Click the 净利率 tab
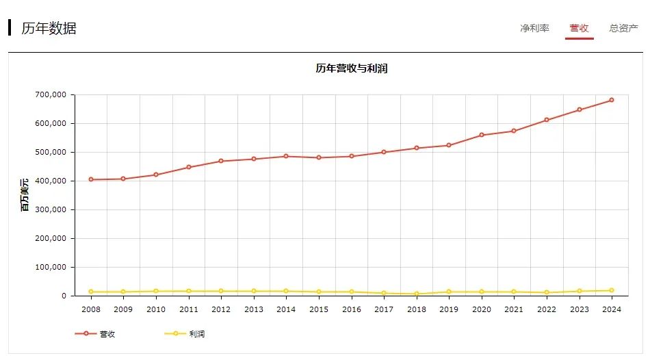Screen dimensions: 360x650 [x=534, y=28]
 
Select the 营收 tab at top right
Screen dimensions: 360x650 [x=579, y=28]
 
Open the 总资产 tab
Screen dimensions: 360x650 [x=624, y=28]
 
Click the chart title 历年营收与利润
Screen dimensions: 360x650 [x=352, y=68]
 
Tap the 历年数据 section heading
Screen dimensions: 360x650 [x=49, y=28]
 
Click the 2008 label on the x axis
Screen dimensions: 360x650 [x=91, y=309]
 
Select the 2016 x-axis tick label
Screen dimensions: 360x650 [x=352, y=309]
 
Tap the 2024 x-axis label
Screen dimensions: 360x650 [x=612, y=309]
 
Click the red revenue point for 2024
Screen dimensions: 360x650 [x=612, y=100]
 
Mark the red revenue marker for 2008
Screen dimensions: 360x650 [x=91, y=179]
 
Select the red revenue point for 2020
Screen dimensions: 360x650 [x=482, y=135]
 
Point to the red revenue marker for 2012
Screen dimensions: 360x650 [x=221, y=161]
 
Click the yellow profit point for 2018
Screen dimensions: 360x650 [x=417, y=294]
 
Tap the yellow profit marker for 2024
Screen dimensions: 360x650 [x=612, y=290]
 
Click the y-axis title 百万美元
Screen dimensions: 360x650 [x=25, y=194]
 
